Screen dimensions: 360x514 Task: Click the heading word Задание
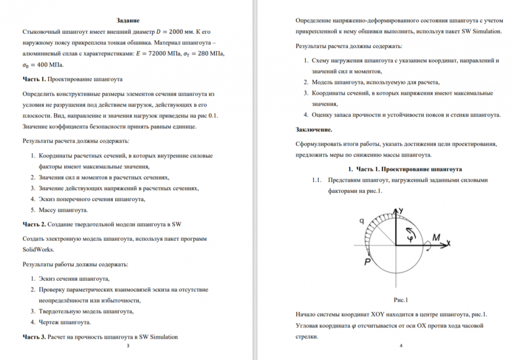(x=127, y=21)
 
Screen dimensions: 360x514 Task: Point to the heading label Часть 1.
(x=34, y=79)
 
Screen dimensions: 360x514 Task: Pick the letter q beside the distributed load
(x=362, y=221)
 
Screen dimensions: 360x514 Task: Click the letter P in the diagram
(x=367, y=261)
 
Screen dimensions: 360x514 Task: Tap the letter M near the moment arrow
(x=436, y=237)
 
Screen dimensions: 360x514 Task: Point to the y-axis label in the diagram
(x=401, y=211)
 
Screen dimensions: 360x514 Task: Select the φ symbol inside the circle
(x=410, y=239)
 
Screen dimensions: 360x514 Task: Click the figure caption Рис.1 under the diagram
(x=400, y=300)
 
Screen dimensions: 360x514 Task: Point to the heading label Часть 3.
(x=34, y=337)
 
